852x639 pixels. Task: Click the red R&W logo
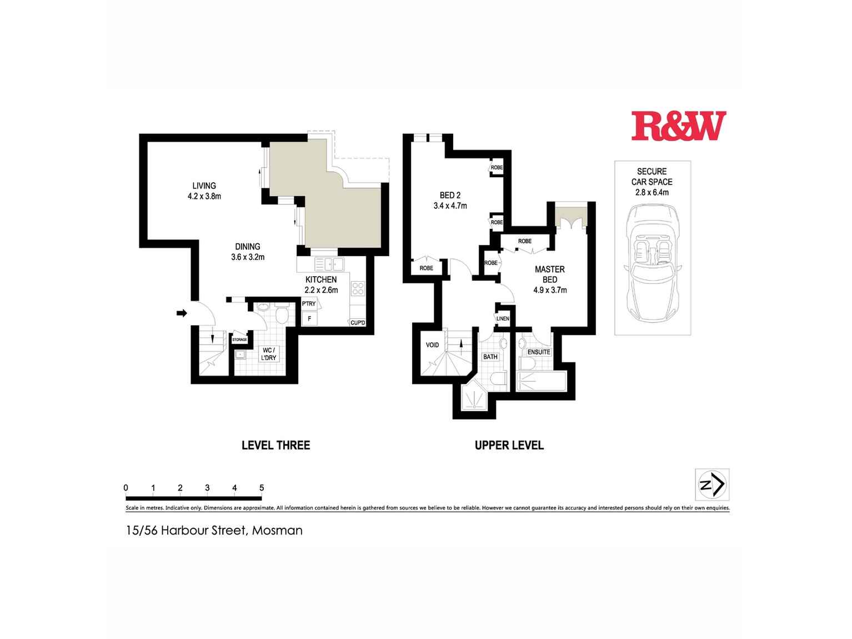679,126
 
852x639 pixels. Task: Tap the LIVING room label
204,186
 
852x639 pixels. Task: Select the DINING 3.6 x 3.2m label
248,252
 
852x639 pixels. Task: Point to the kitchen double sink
329,264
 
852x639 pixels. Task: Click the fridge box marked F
309,319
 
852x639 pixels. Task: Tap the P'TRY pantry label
309,303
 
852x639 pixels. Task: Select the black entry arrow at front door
182,313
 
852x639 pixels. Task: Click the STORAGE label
239,340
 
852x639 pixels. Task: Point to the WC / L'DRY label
268,353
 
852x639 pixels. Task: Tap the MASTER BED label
550,274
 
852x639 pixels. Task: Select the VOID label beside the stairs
432,345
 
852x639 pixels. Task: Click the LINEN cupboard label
503,318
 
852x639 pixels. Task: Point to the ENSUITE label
539,352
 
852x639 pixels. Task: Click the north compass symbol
712,485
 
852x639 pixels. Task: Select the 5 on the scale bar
262,488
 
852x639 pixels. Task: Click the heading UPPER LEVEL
509,445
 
